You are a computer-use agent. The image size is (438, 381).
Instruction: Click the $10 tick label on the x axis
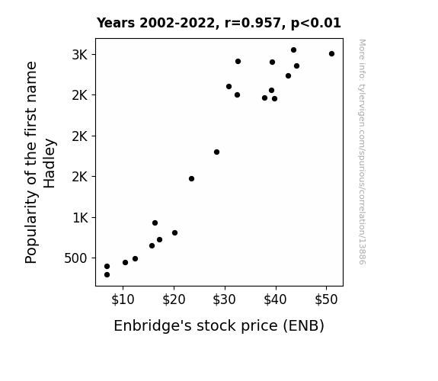coord(123,299)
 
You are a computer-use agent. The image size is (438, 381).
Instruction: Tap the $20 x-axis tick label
coord(174,299)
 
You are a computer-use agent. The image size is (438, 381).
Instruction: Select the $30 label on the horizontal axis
coord(224,299)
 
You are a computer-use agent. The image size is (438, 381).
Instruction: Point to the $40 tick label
coord(276,299)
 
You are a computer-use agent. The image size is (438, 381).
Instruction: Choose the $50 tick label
coord(326,299)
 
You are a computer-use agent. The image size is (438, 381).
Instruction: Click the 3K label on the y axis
coord(80,55)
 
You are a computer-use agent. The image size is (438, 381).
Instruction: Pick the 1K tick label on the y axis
coord(80,217)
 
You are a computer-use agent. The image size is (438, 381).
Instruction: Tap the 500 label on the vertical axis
coord(76,258)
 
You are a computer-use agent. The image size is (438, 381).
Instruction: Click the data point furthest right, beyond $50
coord(331,53)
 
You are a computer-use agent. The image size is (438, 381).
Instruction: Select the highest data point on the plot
coord(293,50)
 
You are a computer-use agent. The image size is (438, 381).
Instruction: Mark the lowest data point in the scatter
coord(107,275)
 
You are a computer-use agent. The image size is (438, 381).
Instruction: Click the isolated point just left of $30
coord(216,152)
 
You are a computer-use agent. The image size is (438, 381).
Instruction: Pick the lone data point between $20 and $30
coord(191,178)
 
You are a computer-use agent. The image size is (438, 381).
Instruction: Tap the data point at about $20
coord(175,233)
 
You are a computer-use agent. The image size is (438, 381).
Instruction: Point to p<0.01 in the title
coord(316,24)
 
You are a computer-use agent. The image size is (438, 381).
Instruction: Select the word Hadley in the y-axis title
coord(50,163)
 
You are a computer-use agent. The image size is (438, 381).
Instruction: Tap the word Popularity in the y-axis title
coord(31,227)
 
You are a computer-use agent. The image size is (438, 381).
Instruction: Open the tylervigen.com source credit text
coord(363,152)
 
